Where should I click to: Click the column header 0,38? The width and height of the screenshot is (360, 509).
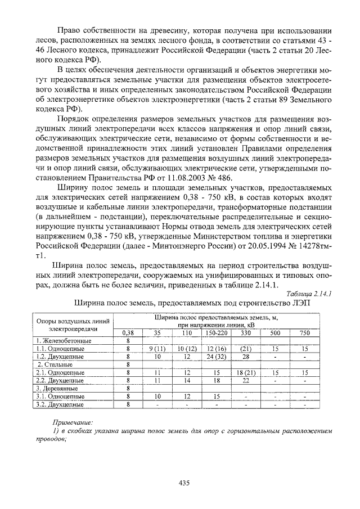(x=128, y=333)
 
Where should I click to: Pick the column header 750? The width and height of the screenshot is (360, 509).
(x=305, y=333)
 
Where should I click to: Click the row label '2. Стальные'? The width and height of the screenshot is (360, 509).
(x=54, y=364)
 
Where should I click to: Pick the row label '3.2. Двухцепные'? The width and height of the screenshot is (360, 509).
(x=60, y=404)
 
